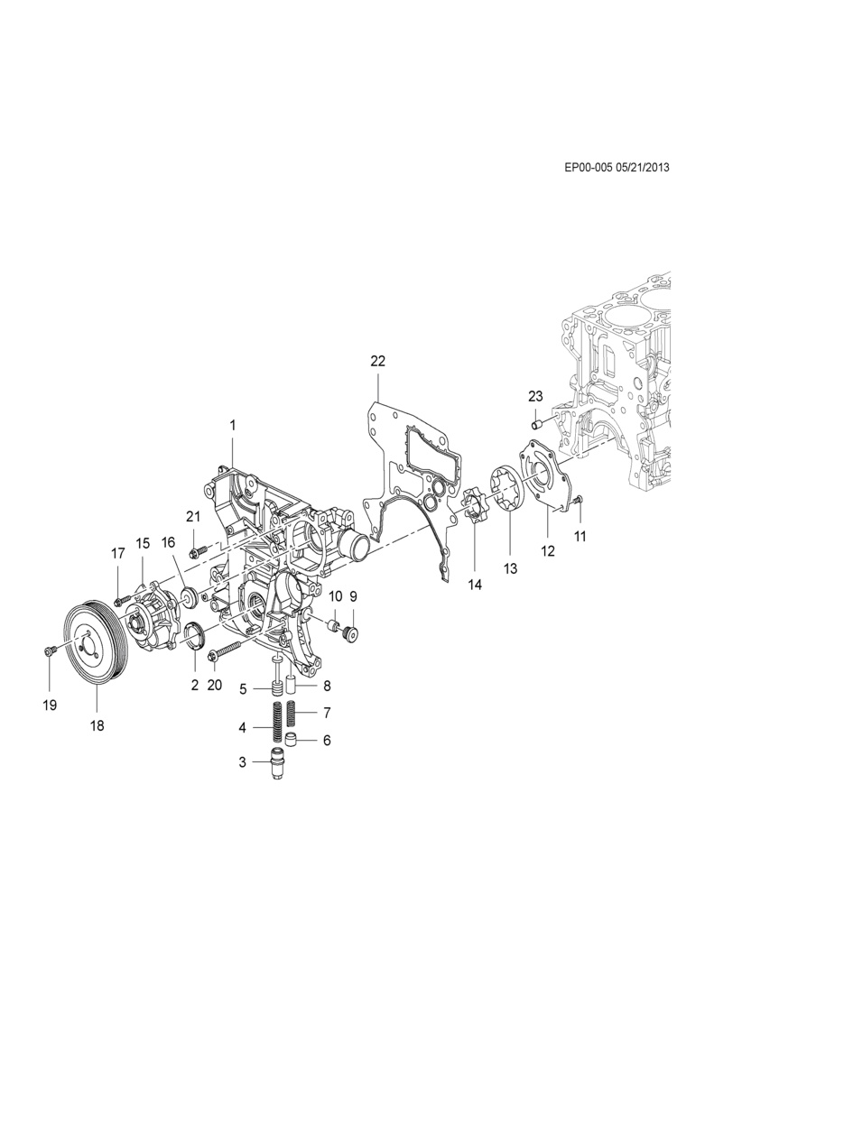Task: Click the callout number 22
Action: click(377, 361)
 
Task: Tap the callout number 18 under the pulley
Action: click(97, 725)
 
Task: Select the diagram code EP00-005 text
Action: click(588, 168)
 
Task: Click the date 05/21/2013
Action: click(642, 168)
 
